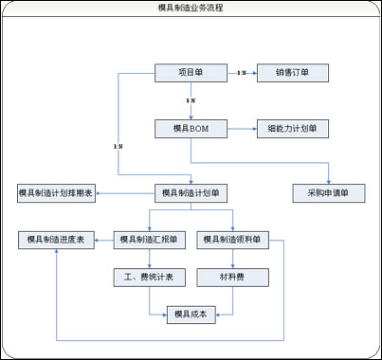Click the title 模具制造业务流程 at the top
[x=191, y=8]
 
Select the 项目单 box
[x=191, y=72]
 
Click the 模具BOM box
[x=191, y=127]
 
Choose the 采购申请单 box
[x=329, y=193]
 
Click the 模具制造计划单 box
[x=191, y=193]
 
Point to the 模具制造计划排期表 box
[x=55, y=193]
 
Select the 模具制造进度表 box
[x=55, y=241]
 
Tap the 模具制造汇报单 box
[x=150, y=241]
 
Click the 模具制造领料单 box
[x=233, y=241]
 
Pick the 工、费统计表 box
[x=150, y=278]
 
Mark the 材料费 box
[x=233, y=278]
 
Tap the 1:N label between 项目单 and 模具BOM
[x=191, y=99]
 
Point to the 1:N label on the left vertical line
[x=118, y=148]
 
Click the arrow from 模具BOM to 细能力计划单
[x=241, y=127]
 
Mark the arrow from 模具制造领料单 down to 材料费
[x=233, y=259]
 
